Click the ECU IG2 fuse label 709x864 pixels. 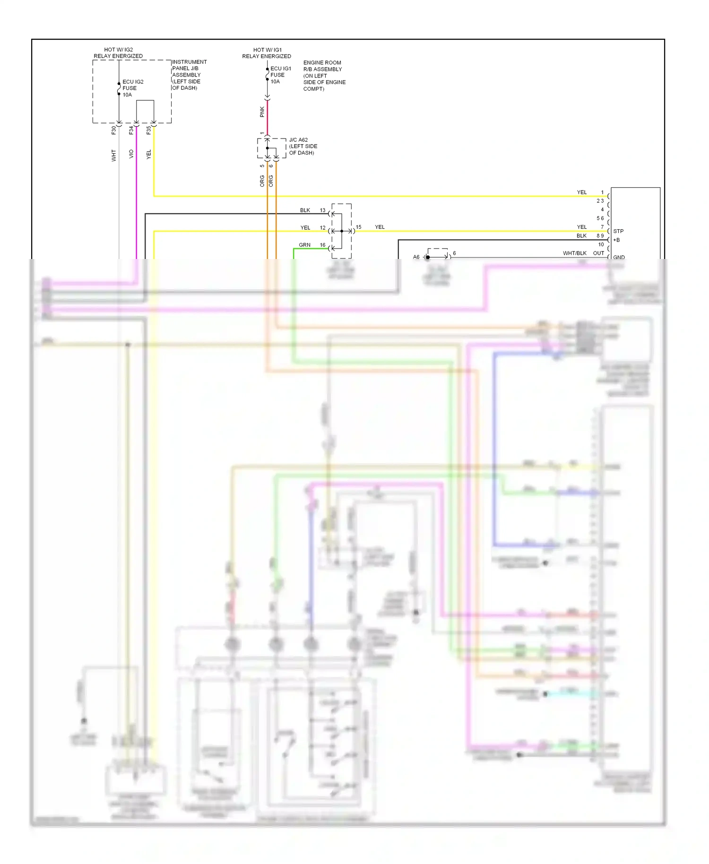132,88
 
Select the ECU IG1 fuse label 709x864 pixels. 280,75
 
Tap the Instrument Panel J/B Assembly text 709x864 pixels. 189,75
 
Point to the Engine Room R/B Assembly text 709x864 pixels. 324,76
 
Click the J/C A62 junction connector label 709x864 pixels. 303,146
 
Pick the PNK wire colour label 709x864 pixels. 262,112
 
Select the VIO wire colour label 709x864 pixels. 131,154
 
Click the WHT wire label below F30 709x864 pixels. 113,155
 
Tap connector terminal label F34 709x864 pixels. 131,130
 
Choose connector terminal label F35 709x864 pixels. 148,130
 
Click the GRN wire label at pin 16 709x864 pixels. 304,245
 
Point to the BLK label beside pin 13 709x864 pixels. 305,210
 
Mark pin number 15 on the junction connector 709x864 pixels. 358,227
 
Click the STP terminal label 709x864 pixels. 618,231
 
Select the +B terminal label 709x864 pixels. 616,240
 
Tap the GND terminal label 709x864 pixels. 619,258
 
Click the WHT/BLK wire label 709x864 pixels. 574,253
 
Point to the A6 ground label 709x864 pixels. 416,257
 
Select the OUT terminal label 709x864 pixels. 598,253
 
